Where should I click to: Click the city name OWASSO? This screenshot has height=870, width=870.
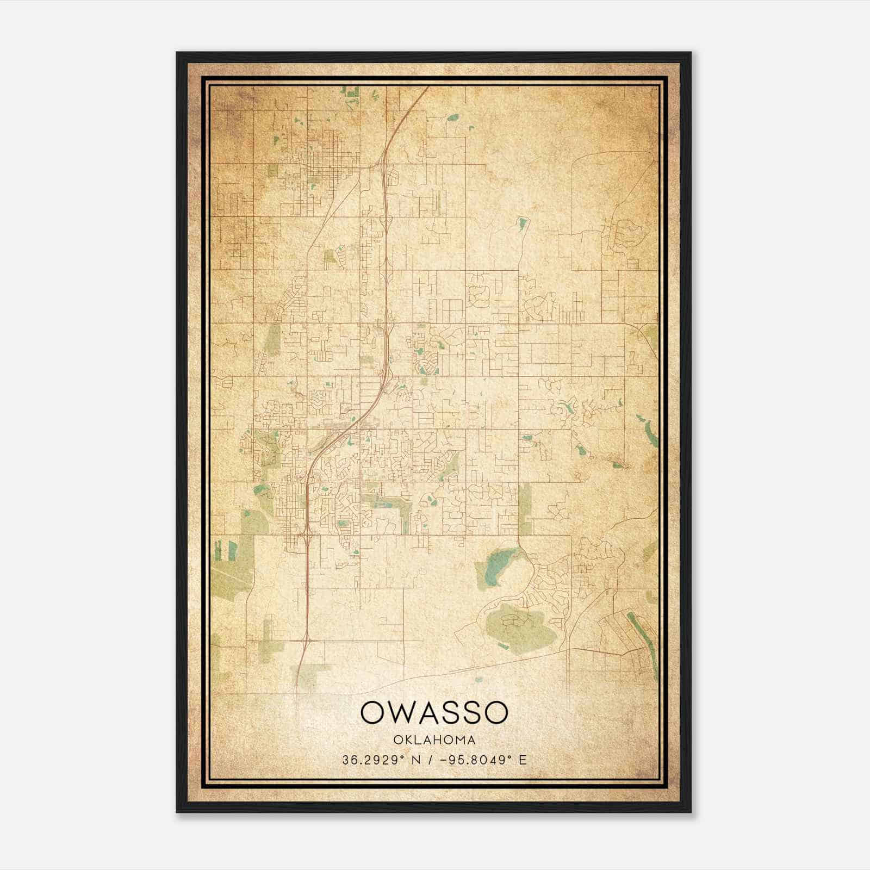click(x=434, y=713)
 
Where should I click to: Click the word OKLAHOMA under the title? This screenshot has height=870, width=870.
click(x=434, y=740)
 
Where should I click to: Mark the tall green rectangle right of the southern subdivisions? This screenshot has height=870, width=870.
click(x=525, y=508)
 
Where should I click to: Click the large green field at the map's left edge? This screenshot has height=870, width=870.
click(x=231, y=571)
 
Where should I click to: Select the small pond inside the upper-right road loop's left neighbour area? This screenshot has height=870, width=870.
click(x=523, y=223)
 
